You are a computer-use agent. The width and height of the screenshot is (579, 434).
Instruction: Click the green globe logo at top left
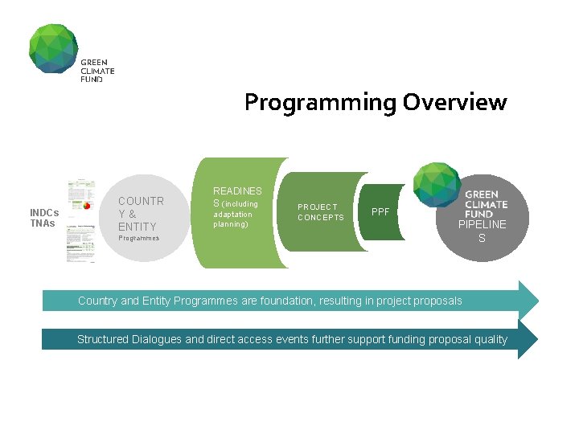coord(53,48)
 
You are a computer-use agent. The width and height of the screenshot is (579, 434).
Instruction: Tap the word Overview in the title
coord(454,103)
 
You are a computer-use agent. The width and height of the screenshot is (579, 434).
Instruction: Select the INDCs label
coord(44,213)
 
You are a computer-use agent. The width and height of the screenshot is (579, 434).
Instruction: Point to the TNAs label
coord(43,223)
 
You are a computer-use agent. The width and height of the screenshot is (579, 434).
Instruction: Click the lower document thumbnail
coord(80,241)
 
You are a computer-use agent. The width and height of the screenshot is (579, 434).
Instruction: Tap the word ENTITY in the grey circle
coord(138,227)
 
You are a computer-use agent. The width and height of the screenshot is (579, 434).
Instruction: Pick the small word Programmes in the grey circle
coord(138,239)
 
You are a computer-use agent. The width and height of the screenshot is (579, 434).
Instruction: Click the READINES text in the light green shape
coord(237,191)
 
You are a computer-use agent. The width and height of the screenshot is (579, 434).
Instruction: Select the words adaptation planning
coord(232,219)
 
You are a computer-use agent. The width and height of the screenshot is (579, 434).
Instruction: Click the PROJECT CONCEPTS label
coord(320,212)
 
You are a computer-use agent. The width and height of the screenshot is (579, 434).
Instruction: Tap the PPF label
coord(380,212)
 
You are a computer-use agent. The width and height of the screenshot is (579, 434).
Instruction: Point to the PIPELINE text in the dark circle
coord(482,225)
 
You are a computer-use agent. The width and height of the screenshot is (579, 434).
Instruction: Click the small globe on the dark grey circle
coord(435,186)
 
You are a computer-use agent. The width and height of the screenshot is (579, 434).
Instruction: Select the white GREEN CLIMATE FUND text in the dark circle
coord(486,204)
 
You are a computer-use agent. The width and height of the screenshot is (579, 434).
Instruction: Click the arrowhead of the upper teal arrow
coord(528,301)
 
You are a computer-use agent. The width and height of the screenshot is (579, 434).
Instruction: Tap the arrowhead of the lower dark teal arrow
coord(528,339)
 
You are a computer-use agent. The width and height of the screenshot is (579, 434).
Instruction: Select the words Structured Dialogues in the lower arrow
coord(129,339)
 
